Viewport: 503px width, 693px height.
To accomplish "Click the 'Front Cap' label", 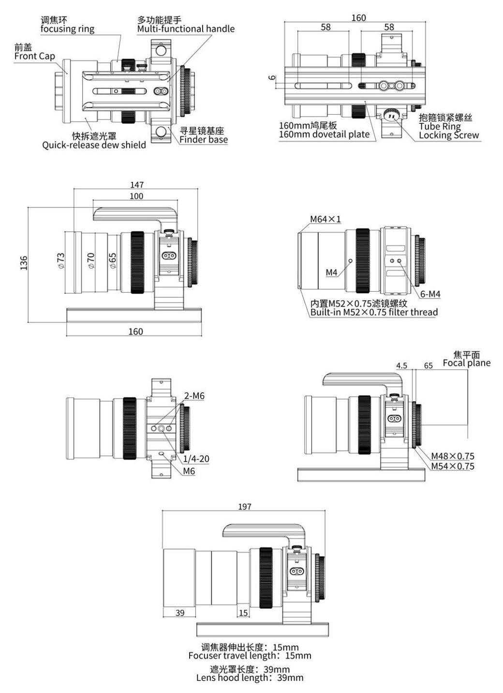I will point(34,56).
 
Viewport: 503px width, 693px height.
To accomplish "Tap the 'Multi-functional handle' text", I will point(186,29).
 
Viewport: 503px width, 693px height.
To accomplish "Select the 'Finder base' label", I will point(204,140).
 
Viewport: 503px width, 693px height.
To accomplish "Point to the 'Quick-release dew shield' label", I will point(94,145).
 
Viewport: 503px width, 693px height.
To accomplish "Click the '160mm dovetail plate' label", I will point(324,134).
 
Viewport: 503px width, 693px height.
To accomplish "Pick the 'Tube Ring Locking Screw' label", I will point(448,131).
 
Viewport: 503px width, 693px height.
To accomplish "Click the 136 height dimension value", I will point(24,263).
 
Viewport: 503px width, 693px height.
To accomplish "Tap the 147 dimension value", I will point(137,185).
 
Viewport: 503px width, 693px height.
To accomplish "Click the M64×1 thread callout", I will point(325,219).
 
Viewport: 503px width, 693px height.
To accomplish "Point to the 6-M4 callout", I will point(430,294).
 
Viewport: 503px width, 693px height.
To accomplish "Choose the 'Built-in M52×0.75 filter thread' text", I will point(374,312).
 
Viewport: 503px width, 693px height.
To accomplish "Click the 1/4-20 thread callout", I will point(196,459).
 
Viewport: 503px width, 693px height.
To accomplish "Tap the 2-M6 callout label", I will point(194,396).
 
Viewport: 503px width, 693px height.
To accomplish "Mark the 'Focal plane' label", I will point(466,363).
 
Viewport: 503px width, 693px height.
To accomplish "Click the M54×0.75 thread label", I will point(453,466).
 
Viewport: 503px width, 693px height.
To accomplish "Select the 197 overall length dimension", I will point(245,507).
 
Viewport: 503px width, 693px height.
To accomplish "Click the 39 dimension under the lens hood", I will point(180,613).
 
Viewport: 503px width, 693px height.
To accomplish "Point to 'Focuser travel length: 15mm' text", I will point(250,656).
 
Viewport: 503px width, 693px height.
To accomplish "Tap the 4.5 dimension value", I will point(401,366).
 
